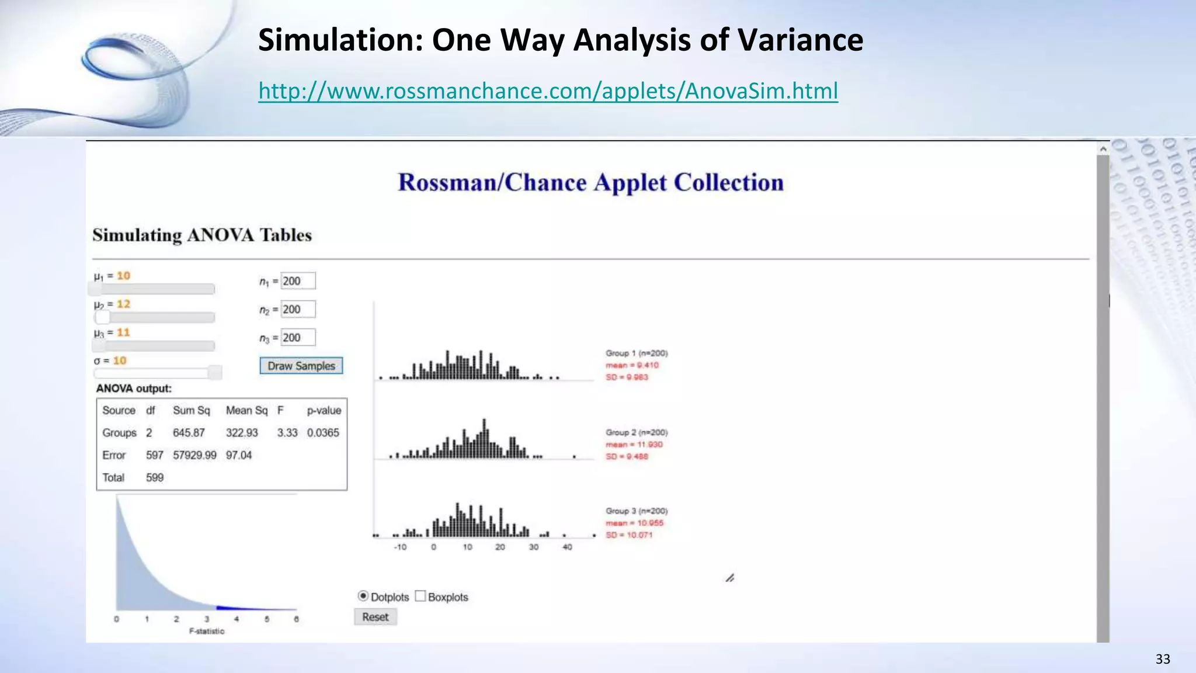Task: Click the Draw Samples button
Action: coord(301,366)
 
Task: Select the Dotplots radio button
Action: coord(363,596)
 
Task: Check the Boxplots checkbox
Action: coord(420,596)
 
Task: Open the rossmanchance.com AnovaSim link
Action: coord(548,91)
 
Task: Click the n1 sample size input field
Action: coord(298,281)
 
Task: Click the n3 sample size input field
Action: coord(298,338)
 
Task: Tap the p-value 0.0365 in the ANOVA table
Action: coord(323,433)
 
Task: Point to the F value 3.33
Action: coord(287,433)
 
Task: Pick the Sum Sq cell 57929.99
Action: coord(194,455)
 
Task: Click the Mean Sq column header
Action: coord(246,411)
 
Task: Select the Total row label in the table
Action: coord(113,478)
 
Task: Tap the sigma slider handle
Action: coord(215,373)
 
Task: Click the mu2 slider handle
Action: coord(103,317)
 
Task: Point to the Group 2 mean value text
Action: coord(634,445)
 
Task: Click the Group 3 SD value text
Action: coord(629,535)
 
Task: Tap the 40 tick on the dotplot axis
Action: coord(567,547)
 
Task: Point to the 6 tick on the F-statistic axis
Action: coord(297,619)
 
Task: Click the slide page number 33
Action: coord(1163,660)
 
